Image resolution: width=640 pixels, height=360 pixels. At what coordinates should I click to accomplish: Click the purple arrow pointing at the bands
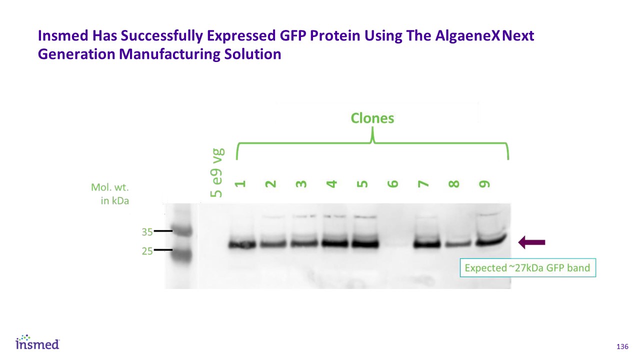point(531,242)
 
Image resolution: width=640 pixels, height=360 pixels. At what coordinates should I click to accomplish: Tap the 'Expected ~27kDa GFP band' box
point(527,267)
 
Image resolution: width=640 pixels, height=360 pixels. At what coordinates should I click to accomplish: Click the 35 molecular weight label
point(147,232)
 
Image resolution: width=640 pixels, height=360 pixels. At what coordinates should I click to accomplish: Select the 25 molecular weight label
point(147,251)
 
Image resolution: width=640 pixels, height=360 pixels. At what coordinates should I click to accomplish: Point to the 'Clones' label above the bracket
point(372,118)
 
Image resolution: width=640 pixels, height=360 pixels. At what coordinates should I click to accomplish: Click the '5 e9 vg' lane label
point(216,173)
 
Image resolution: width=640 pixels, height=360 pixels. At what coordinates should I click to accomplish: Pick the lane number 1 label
point(240,183)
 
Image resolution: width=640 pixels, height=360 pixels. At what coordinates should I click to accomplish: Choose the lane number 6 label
point(393,183)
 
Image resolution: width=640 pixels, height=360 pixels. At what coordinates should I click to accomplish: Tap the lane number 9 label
point(484,183)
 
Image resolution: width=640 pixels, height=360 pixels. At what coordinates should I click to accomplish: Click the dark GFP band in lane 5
point(365,244)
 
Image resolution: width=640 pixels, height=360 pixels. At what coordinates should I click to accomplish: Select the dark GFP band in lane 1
point(242,245)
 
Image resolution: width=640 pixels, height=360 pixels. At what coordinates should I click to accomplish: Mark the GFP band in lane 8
point(458,244)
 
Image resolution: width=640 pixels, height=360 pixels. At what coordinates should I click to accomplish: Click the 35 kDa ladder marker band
point(183,231)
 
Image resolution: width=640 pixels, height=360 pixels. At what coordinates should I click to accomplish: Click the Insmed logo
point(37,342)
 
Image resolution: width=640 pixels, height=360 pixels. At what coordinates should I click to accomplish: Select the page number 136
point(622,346)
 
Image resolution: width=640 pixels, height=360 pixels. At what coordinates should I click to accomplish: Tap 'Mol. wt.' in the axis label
point(110,187)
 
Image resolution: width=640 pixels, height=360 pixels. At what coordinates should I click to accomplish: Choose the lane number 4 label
point(331,183)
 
